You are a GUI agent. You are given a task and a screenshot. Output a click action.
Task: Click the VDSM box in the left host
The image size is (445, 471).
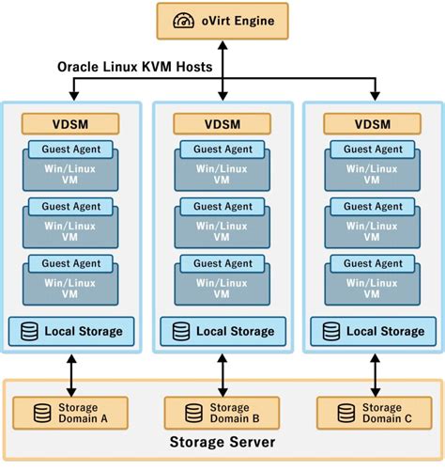(x=70, y=123)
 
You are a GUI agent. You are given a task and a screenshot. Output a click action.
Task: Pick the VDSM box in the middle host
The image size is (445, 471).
(x=222, y=123)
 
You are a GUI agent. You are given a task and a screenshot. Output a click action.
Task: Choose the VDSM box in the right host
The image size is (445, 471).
(x=374, y=123)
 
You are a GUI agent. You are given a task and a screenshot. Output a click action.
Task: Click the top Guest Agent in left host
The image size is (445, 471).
(x=70, y=149)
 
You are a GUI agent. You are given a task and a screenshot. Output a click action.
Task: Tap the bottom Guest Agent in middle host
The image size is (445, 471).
(x=222, y=263)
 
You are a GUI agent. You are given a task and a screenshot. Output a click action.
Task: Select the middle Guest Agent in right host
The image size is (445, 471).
(x=374, y=206)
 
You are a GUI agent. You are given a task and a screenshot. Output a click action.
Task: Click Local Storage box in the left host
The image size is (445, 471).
(x=70, y=331)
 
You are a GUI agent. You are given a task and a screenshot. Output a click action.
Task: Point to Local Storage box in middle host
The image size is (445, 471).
(x=222, y=331)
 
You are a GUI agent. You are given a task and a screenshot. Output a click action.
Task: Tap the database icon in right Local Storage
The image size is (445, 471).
(x=331, y=331)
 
